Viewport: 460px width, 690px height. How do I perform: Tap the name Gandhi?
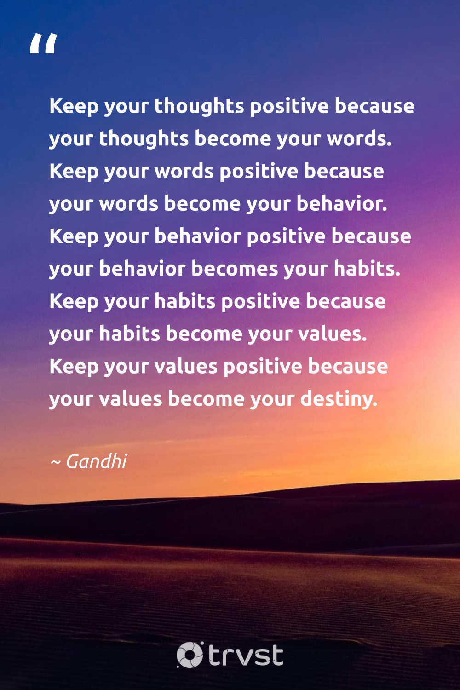pyautogui.click(x=97, y=461)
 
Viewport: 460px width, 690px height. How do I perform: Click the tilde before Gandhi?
pyautogui.click(x=55, y=461)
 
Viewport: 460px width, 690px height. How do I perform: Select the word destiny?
pyautogui.click(x=339, y=399)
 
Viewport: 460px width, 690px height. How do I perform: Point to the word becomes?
pyautogui.click(x=235, y=269)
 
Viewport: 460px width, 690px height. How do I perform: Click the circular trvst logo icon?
pyautogui.click(x=190, y=655)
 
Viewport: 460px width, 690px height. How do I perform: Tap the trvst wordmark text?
pyautogui.click(x=246, y=655)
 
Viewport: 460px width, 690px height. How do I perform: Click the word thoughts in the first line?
pyautogui.click(x=199, y=106)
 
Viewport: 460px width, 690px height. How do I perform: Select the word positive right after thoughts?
pyautogui.click(x=289, y=106)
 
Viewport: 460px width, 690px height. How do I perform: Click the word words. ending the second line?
pyautogui.click(x=359, y=139)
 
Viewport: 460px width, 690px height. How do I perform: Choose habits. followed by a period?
pyautogui.click(x=367, y=269)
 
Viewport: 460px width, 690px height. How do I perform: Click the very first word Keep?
pyautogui.click(x=74, y=106)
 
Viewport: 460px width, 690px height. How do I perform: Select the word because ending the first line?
pyautogui.click(x=374, y=106)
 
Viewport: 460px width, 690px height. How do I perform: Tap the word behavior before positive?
pyautogui.click(x=198, y=236)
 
